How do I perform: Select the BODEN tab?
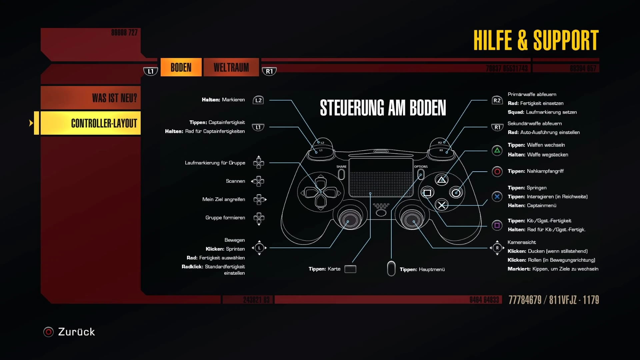(x=181, y=67)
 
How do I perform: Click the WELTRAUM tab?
(x=231, y=67)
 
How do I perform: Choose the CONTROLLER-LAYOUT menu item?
(x=91, y=123)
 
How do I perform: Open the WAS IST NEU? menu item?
(x=91, y=98)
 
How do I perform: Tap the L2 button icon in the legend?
(x=258, y=100)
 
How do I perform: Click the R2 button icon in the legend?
(x=497, y=100)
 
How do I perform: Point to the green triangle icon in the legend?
(x=497, y=151)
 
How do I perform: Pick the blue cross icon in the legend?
(x=497, y=197)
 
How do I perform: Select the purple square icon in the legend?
(x=497, y=225)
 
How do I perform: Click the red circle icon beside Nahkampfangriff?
(x=497, y=172)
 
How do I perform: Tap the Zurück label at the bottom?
(x=76, y=332)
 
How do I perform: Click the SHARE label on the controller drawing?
(x=341, y=167)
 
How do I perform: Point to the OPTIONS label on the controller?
(x=421, y=167)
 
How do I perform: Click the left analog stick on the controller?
(x=348, y=218)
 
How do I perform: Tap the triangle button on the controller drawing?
(x=442, y=180)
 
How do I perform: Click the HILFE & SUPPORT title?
(x=536, y=40)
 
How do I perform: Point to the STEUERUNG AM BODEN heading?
(x=383, y=108)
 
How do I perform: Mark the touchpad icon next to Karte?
(x=350, y=269)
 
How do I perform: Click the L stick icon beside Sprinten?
(x=259, y=248)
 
